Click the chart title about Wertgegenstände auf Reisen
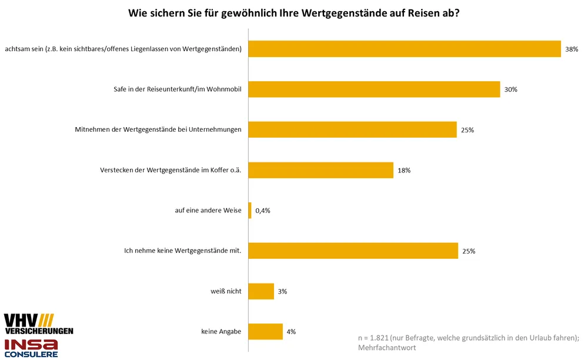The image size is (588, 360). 294,12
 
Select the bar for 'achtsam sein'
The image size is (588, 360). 405,49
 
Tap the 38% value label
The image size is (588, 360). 572,49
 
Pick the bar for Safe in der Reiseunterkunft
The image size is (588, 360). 374,89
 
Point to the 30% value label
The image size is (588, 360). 510,89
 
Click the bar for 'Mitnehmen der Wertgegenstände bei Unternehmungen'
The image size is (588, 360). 352,129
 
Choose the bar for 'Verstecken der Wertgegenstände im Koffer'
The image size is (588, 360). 320,170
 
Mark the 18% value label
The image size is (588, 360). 403,170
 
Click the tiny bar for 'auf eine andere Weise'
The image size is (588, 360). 250,210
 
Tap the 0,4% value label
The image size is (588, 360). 262,211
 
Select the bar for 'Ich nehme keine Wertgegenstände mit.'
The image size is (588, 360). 353,251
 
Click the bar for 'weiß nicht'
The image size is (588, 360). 261,291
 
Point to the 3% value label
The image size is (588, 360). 283,291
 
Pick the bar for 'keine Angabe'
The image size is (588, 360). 265,331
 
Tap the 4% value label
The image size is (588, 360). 291,332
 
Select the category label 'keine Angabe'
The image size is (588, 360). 221,332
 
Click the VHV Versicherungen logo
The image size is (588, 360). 38,324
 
